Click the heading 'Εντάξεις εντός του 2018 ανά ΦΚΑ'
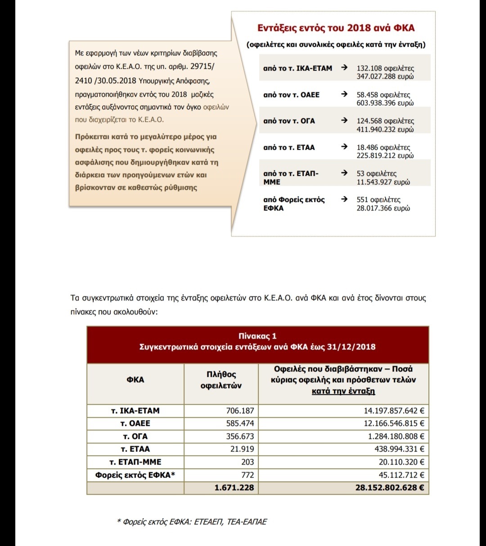coord(336,28)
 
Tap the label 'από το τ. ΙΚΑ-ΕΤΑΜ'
coord(297,68)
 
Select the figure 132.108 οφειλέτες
coord(385,68)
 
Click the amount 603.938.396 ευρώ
coord(385,103)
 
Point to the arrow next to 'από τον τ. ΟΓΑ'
coord(344,121)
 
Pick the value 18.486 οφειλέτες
coord(383,147)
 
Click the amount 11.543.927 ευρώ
coord(383,182)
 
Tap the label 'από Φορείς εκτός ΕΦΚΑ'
coord(294,204)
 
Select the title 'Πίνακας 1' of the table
coord(257,336)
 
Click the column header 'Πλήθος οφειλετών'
coord(221,380)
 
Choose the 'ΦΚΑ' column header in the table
coord(135,380)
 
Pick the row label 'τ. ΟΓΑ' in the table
coord(135,436)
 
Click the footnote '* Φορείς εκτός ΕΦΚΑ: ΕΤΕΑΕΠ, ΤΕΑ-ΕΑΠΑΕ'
coord(192,522)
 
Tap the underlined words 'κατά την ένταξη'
coord(343,391)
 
